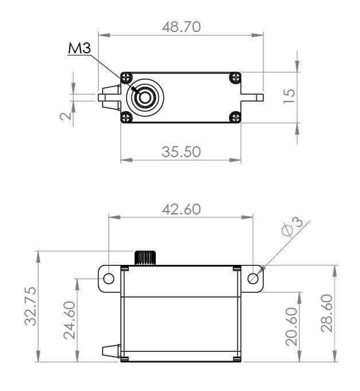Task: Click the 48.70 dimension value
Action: [x=181, y=27]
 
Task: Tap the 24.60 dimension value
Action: [x=69, y=319]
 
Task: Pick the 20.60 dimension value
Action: [x=291, y=326]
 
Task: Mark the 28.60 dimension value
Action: [x=326, y=314]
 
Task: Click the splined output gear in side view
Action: [x=146, y=257]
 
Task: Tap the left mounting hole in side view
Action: [x=109, y=279]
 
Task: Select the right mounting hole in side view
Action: [x=253, y=279]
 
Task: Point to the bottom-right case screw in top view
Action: [x=234, y=118]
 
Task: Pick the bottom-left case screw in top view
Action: [x=127, y=118]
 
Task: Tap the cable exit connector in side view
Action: [x=110, y=350]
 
